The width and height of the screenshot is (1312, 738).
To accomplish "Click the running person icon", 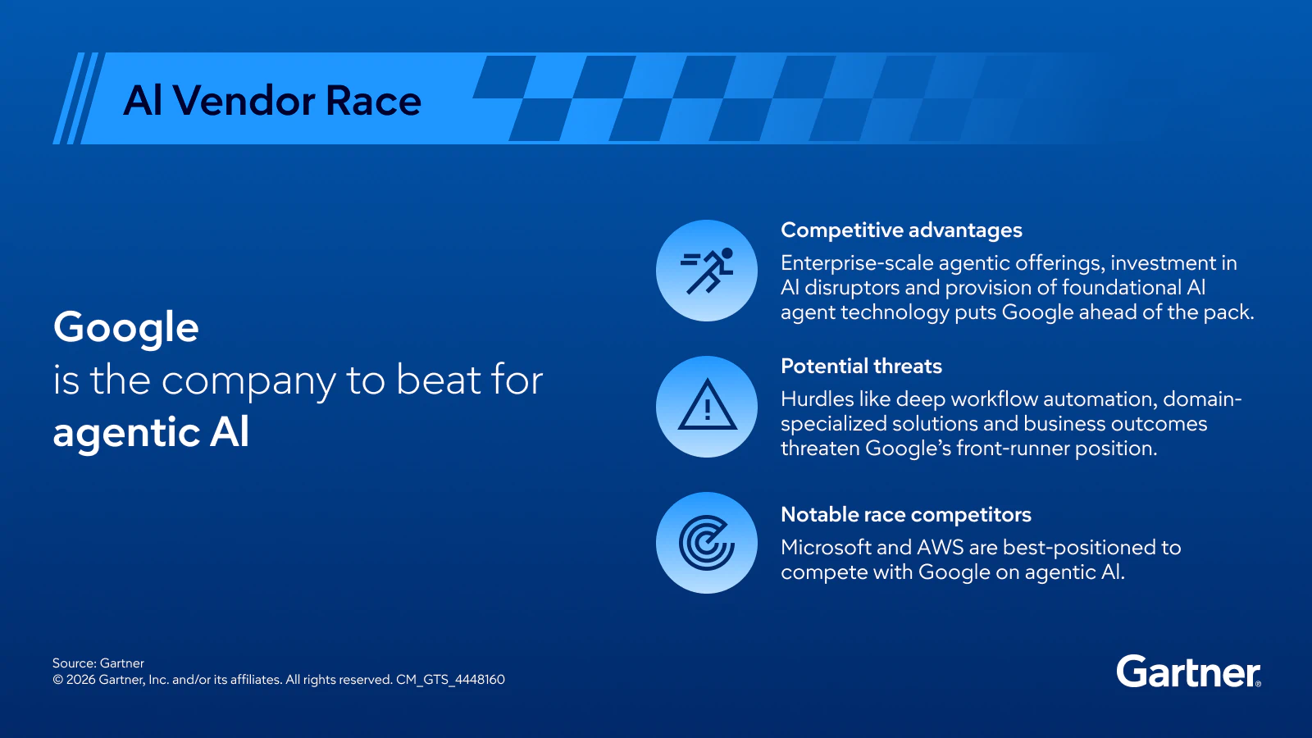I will [707, 271].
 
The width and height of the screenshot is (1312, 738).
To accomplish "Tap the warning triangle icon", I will [707, 407].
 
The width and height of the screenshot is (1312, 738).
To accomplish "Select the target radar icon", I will [707, 543].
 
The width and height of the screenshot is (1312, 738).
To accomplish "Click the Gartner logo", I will [1187, 672].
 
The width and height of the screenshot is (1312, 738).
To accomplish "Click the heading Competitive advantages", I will [901, 230].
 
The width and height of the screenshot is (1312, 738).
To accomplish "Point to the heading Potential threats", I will [861, 367].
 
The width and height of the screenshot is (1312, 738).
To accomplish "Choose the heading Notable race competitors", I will [905, 515].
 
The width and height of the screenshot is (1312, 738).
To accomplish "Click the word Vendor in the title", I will [244, 101].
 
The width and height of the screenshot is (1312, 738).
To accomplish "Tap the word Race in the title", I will [373, 101].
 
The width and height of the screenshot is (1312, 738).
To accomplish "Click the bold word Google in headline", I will [126, 328].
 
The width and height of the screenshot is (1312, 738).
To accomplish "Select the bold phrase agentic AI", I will [151, 433].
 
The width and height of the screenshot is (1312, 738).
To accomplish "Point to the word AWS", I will [940, 548].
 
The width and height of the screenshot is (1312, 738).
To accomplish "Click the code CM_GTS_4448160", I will [450, 680].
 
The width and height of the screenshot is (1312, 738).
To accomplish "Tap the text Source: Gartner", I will [98, 663].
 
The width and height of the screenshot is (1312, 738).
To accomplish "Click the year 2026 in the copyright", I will [80, 680].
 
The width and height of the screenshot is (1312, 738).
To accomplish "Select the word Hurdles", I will [817, 399].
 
